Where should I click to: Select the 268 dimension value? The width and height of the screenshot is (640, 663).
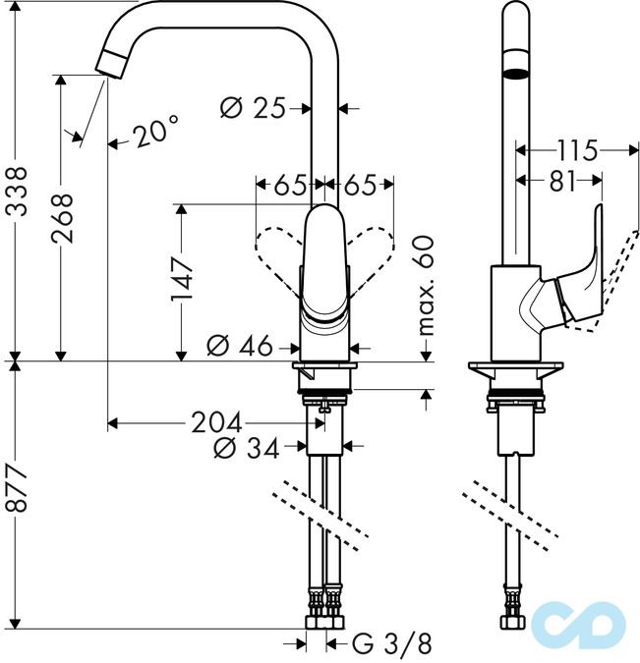pos(62,212)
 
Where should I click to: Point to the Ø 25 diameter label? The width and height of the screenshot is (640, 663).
pos(253,108)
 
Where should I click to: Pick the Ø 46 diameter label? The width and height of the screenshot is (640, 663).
pos(240,347)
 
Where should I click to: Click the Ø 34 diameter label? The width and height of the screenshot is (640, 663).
pos(244,448)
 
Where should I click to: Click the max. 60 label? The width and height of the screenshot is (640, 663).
pos(426,285)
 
